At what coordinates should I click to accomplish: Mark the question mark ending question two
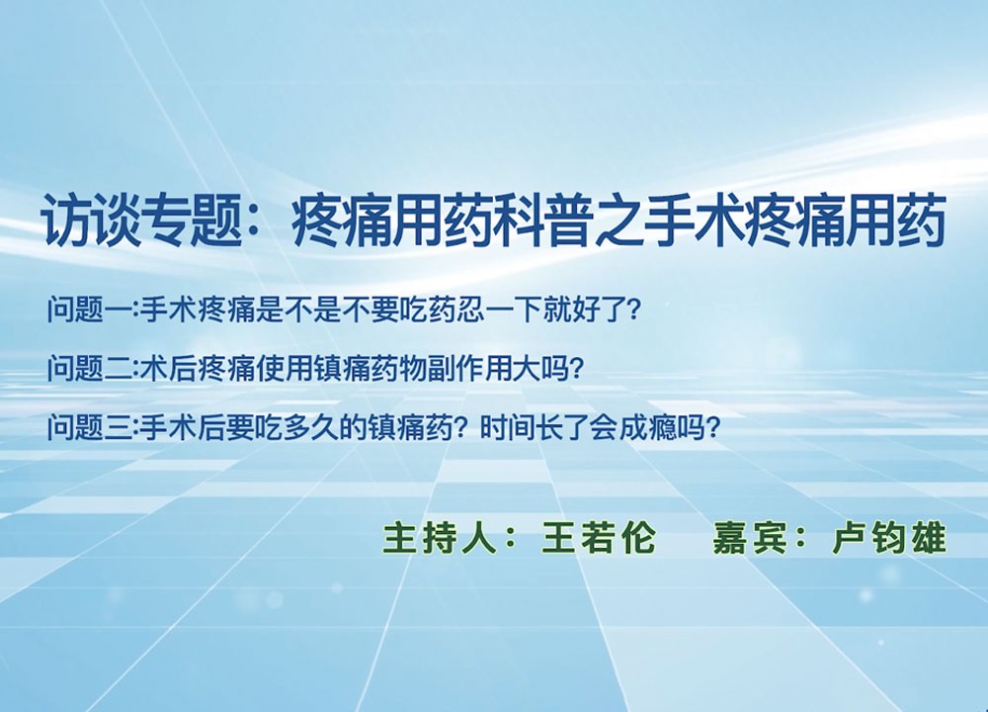point(573,368)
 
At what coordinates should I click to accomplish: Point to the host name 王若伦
point(599,538)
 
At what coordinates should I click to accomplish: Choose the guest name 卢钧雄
point(889,538)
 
